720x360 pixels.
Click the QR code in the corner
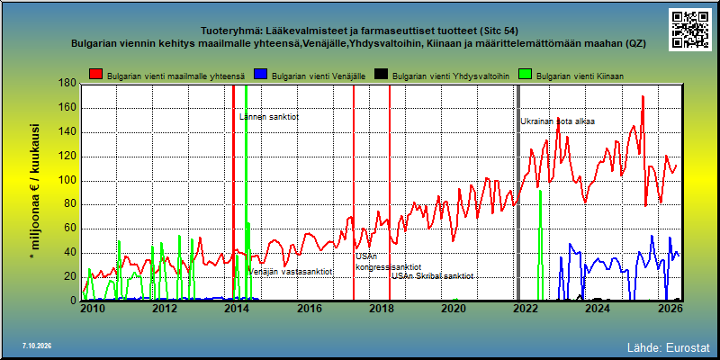coord(690,29)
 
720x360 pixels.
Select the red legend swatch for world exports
coord(96,75)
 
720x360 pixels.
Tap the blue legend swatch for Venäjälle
coord(261,75)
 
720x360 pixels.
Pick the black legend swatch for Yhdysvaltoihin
coord(381,75)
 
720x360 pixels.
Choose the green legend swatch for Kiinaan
coord(526,75)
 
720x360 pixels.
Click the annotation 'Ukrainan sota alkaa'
coord(557,121)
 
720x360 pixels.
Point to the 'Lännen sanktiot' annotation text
coord(269,117)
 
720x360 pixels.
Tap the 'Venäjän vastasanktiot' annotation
coord(290,272)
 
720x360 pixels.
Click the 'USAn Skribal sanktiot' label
coord(432,276)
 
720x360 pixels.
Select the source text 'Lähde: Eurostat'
coord(669,346)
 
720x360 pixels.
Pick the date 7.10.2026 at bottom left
coord(37,346)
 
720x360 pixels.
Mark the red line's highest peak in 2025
coord(643,96)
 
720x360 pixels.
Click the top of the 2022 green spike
coord(541,191)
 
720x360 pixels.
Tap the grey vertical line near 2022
coord(518,193)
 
